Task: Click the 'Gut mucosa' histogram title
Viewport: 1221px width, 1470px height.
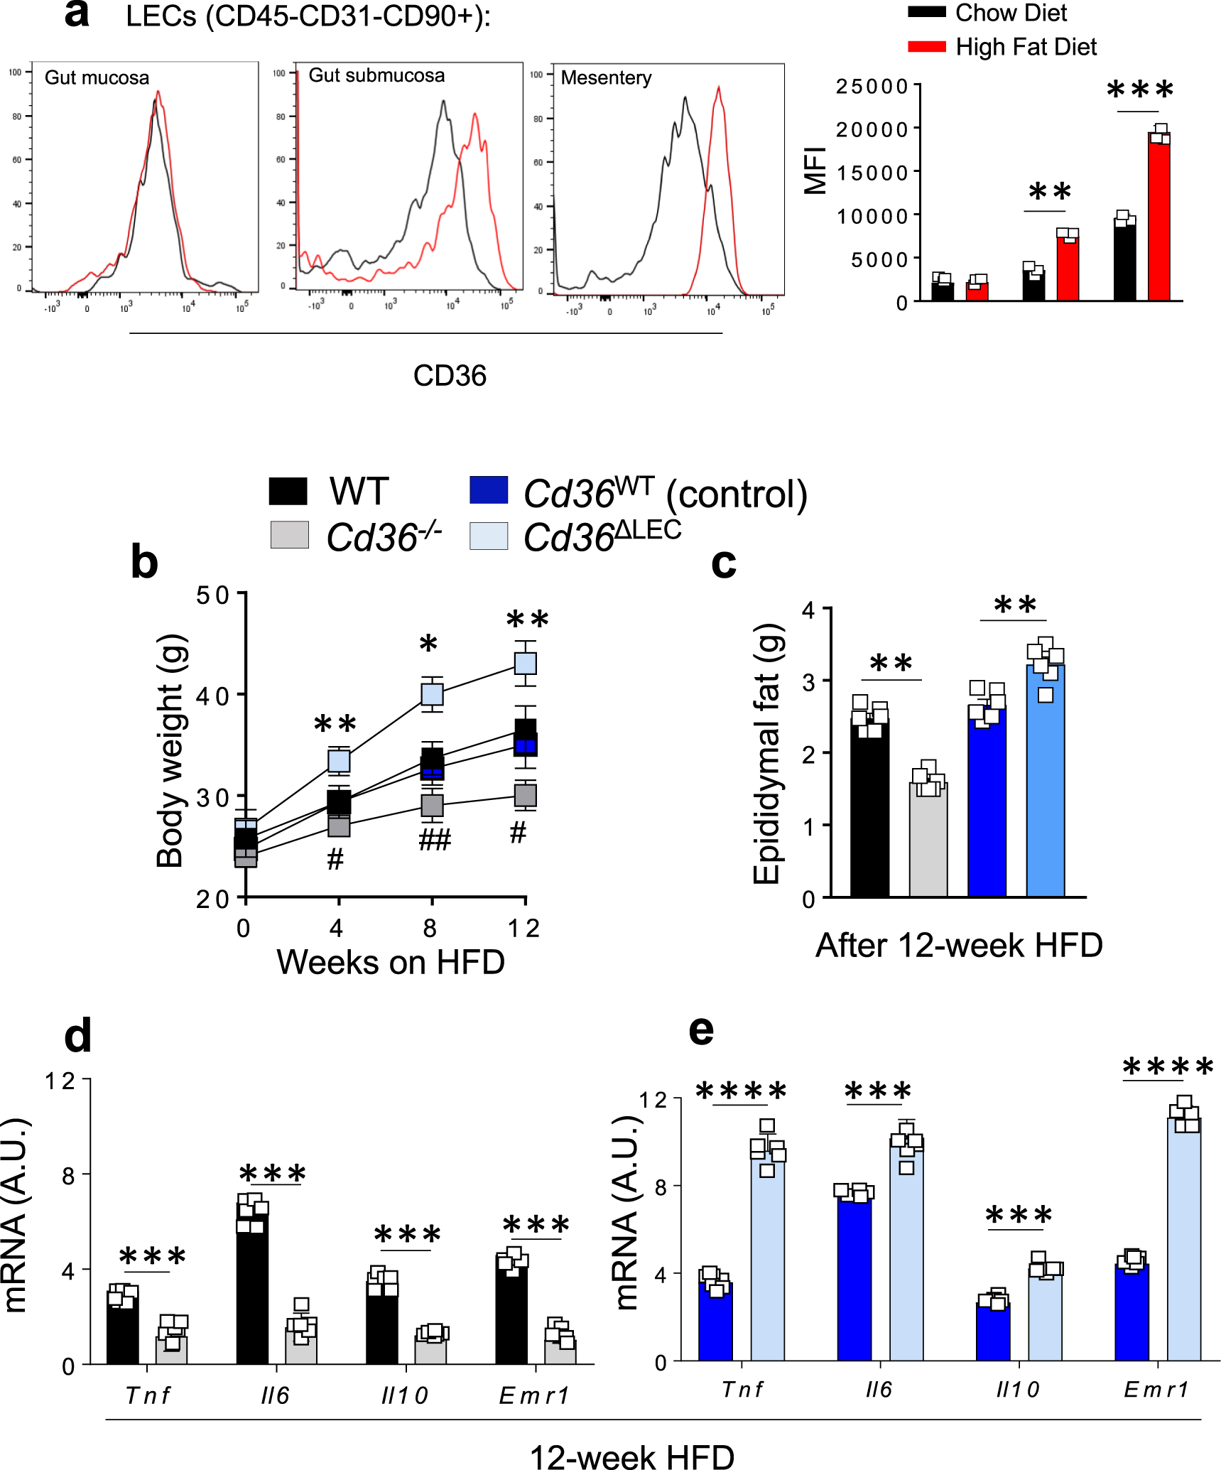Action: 97,77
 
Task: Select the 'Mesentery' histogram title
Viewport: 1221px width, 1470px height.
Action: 606,77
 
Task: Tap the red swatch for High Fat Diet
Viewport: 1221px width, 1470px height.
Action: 926,47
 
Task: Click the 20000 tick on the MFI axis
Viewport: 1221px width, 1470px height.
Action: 872,129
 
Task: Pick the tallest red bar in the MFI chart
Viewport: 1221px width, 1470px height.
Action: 1158,217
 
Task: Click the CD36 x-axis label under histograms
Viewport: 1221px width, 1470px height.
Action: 450,376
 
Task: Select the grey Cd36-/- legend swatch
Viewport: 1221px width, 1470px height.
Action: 289,535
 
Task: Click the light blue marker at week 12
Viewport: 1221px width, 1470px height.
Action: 525,663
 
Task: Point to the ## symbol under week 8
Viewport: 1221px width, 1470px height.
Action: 434,841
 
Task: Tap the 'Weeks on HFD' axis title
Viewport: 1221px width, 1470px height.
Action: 390,962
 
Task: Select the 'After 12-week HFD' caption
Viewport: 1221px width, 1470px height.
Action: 958,946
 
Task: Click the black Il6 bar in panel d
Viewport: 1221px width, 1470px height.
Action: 252,1286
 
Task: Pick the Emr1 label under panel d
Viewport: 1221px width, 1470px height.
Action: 534,1395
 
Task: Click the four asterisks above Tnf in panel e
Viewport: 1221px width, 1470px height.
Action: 740,1091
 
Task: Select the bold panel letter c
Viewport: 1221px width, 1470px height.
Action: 723,563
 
